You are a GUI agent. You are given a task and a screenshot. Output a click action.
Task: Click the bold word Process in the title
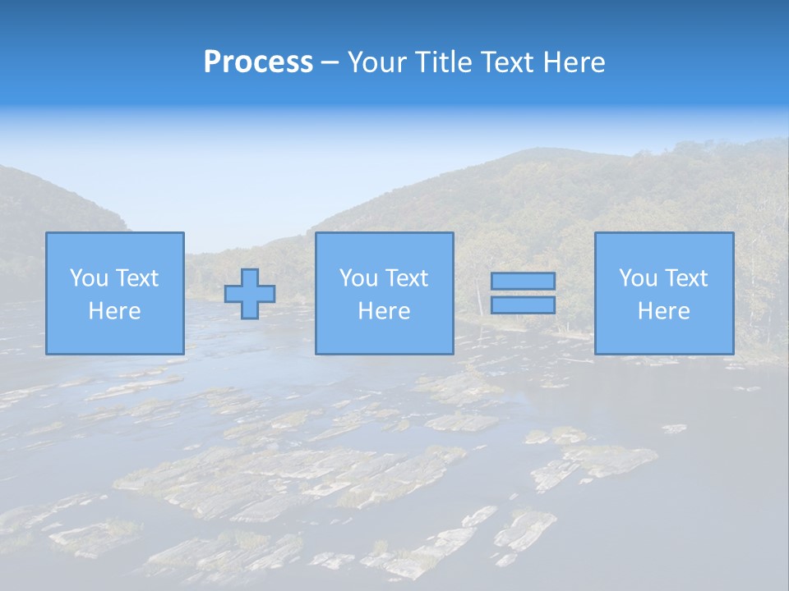point(258,62)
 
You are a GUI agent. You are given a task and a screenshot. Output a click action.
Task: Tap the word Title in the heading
point(444,62)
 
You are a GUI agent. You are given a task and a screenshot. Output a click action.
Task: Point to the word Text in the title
point(509,62)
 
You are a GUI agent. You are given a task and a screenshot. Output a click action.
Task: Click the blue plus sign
point(250,294)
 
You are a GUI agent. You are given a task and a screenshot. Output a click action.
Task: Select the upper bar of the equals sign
point(523,281)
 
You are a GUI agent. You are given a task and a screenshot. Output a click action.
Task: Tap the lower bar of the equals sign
point(523,305)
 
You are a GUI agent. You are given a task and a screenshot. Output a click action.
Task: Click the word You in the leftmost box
point(89,278)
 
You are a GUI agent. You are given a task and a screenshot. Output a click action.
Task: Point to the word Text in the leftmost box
point(136,278)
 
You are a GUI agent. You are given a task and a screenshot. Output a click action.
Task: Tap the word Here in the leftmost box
point(115,311)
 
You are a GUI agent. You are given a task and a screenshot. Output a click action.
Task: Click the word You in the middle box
point(358,278)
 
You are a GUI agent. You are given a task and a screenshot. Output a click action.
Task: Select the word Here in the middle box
point(385,311)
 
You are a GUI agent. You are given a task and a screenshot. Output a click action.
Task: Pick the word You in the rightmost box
point(638,278)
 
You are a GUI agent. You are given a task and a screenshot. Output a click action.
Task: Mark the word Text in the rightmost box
point(685,278)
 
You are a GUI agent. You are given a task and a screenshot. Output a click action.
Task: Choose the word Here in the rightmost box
point(664,311)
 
